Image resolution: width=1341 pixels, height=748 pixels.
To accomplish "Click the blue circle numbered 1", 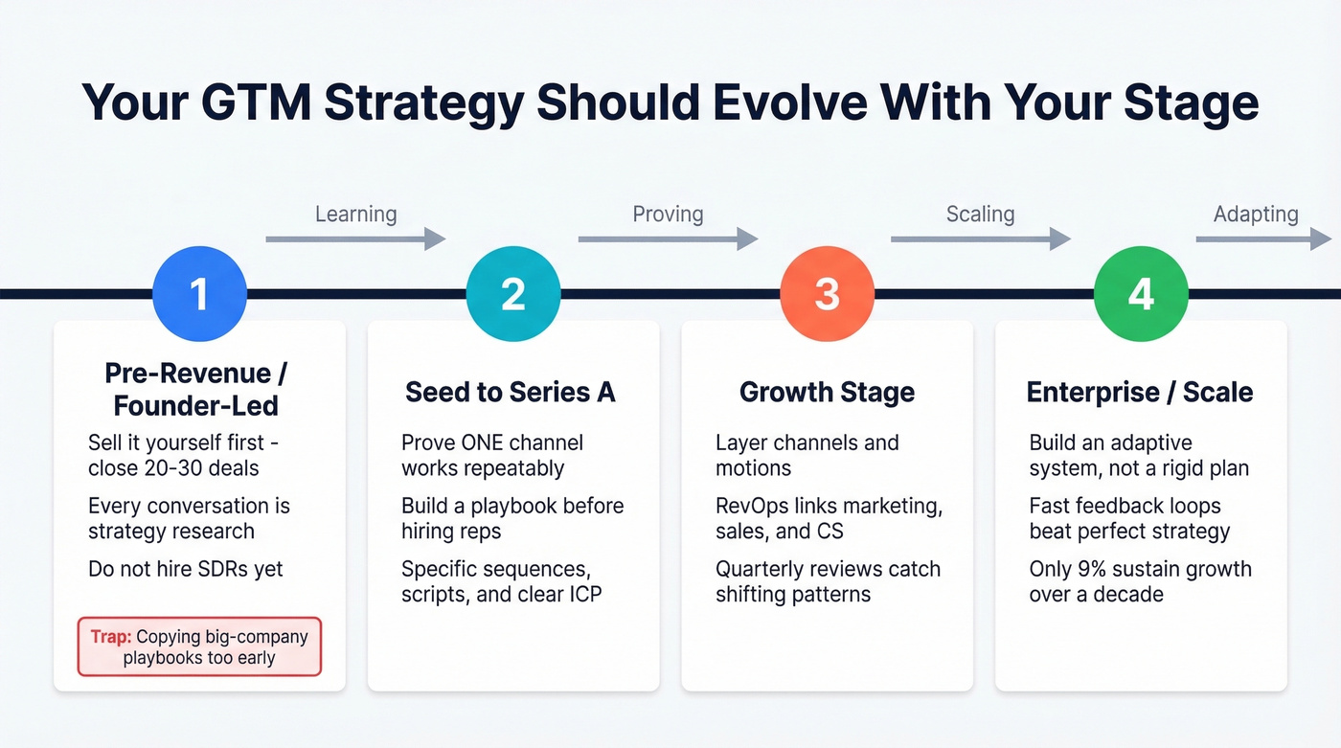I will coord(199,294).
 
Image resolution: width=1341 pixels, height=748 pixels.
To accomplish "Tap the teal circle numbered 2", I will coord(513,294).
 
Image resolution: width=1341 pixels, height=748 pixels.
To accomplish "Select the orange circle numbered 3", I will coord(827,294).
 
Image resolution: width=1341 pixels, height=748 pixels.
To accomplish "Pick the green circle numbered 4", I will coord(1141,294).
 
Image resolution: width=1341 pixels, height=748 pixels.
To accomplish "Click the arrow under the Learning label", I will coord(355,238).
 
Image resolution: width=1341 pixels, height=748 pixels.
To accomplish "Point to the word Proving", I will coord(668,214).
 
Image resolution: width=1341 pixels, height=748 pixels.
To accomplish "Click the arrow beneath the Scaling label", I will coord(980,238).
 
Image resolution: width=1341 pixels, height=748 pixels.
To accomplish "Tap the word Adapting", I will coord(1256,214).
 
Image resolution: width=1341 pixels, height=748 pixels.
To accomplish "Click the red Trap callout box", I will coord(199,646).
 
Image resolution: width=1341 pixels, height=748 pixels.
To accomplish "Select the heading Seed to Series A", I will coord(510,392).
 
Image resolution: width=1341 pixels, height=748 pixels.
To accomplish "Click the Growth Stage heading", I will coord(827,392).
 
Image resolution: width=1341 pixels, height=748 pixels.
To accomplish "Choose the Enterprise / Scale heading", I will coord(1140,392).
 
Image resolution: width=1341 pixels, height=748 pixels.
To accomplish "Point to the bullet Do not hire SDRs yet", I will coord(186,569).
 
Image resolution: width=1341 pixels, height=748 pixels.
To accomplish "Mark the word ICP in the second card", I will coord(582,594).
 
